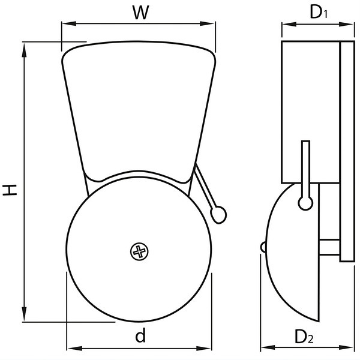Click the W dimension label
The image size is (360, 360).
tap(141, 12)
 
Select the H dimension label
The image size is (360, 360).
tap(10, 190)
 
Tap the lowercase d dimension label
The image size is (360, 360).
tap(140, 335)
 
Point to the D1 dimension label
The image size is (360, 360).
tap(319, 12)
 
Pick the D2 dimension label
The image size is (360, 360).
tap(304, 337)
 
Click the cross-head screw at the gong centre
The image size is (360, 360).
tap(139, 251)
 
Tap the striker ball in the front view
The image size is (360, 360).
tap(218, 215)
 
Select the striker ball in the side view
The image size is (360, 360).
tap(305, 203)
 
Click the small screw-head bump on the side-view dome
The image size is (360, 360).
tap(263, 247)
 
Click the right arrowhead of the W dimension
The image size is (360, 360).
tap(208, 23)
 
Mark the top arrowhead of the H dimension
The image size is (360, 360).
tap(24, 50)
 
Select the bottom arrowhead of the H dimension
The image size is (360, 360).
tap(24, 313)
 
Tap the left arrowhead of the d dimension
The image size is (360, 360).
tap(75, 349)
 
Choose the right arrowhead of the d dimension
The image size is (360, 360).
tap(204, 349)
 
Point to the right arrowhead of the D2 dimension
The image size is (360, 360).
tap(346, 347)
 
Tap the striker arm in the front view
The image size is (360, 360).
tap(205, 187)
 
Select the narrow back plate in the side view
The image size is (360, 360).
tap(347, 151)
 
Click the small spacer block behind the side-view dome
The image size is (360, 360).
tap(329, 247)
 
